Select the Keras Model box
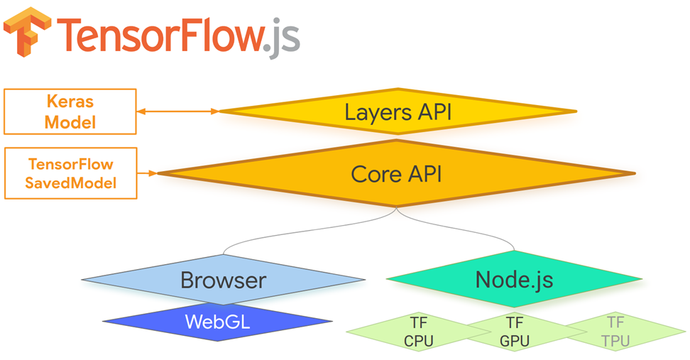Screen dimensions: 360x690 pyautogui.click(x=70, y=111)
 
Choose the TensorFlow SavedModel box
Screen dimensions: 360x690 pyautogui.click(x=70, y=173)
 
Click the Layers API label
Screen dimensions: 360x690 pyautogui.click(x=398, y=111)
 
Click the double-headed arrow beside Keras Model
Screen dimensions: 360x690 pyautogui.click(x=177, y=111)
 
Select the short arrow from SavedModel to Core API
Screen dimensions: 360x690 pyautogui.click(x=147, y=173)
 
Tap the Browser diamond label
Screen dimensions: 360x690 pyautogui.click(x=223, y=280)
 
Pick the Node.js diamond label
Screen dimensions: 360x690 pyautogui.click(x=514, y=279)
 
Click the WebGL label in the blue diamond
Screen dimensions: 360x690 pyautogui.click(x=217, y=322)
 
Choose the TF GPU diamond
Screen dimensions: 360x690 pyautogui.click(x=515, y=332)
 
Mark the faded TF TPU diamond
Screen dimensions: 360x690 pyautogui.click(x=615, y=332)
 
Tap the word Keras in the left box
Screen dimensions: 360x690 pyautogui.click(x=70, y=102)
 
